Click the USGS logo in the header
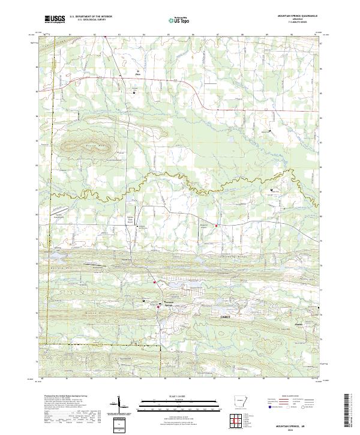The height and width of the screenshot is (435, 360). coord(55,20)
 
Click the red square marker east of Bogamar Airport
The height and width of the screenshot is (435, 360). coord(217,226)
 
